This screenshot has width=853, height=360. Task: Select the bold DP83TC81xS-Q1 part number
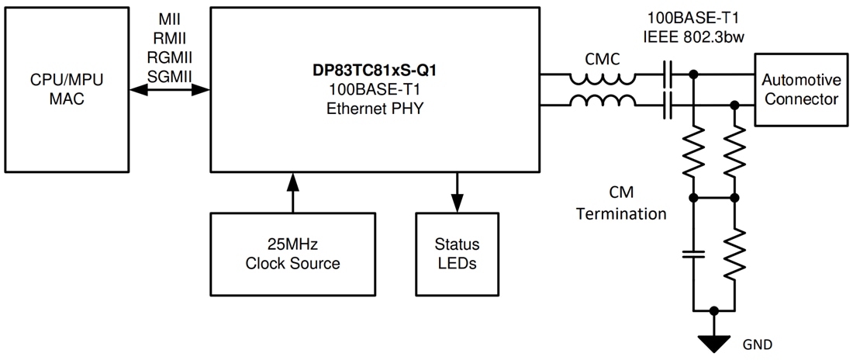pos(375,77)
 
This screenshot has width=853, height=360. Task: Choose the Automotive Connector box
pos(799,89)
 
